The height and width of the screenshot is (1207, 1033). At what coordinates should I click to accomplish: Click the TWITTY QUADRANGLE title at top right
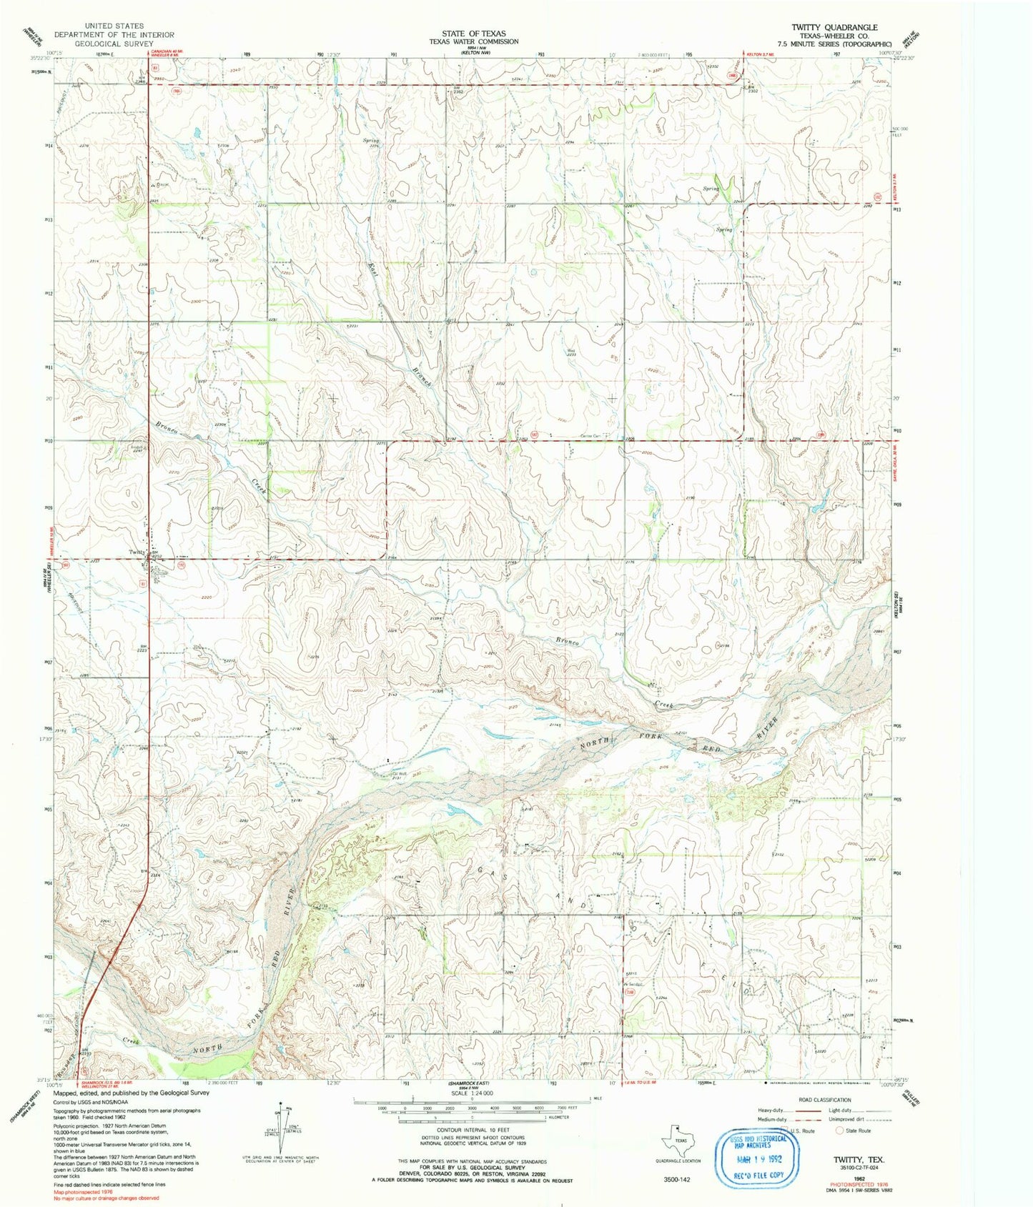(834, 27)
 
